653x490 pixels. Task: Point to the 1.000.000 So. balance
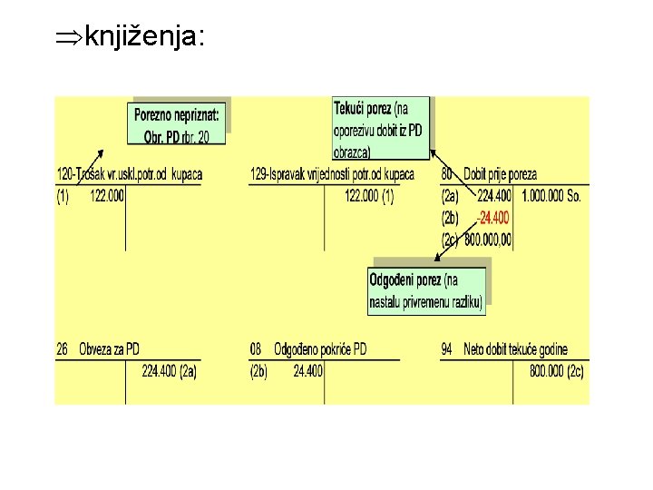tap(552, 196)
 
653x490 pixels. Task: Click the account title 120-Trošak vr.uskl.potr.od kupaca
tap(129, 173)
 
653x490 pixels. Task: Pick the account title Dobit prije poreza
tap(500, 173)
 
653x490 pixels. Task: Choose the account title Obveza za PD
tap(109, 348)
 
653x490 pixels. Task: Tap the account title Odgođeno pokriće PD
tap(321, 348)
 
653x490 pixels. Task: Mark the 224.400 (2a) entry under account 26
tap(170, 370)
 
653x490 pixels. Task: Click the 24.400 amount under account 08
tap(308, 370)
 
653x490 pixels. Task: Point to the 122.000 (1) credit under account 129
tap(370, 196)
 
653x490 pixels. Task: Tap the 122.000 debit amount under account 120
tap(107, 196)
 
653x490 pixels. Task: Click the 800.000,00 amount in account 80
tap(489, 240)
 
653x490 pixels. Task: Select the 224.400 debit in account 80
tap(493, 196)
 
